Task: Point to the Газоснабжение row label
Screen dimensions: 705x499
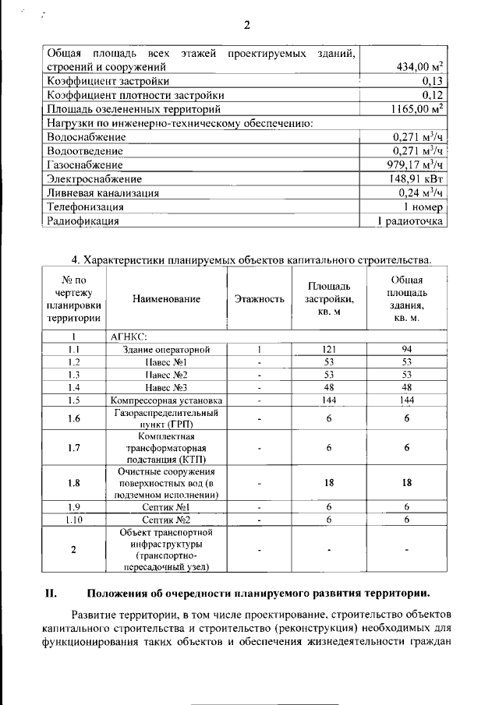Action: [84, 165]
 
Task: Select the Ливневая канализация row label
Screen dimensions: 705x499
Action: [103, 193]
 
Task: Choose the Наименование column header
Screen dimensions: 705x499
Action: [166, 298]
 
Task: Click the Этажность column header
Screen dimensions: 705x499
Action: [259, 298]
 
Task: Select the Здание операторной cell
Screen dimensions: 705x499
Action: [166, 350]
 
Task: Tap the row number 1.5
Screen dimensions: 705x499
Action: [74, 400]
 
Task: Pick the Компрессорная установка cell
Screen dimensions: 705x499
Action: [166, 400]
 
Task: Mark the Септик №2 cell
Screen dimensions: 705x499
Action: [166, 520]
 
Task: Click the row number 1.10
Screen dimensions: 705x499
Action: [74, 520]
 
